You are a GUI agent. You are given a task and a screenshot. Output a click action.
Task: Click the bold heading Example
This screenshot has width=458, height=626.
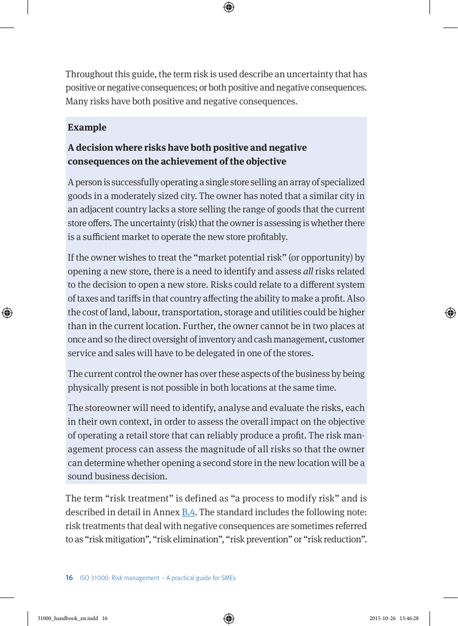point(87,128)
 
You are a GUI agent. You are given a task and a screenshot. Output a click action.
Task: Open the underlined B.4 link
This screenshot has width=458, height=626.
point(188,512)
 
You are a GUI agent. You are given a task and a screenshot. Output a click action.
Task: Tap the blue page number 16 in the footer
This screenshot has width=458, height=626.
point(69,578)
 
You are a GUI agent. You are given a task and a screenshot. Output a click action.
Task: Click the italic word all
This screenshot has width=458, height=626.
point(308,271)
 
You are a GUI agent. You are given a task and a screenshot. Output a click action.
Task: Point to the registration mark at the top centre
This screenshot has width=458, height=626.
point(229,7)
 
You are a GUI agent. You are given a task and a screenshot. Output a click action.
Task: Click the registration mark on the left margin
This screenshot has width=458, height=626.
point(7,313)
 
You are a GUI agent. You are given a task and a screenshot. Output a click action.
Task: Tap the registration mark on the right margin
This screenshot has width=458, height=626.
point(450,313)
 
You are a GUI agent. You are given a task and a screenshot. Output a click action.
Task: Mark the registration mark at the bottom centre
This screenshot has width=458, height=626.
point(229,618)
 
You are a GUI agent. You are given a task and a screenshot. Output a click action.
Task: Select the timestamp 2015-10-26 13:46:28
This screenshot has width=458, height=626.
point(394,618)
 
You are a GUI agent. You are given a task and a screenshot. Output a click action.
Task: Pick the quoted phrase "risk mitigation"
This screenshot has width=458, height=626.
point(107,539)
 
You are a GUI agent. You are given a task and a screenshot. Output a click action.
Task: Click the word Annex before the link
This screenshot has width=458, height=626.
point(166,512)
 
